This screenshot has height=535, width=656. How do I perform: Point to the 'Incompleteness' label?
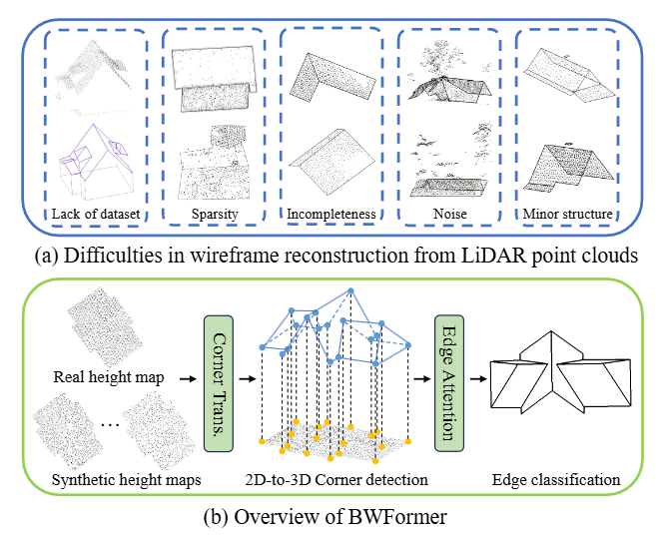point(330,213)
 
